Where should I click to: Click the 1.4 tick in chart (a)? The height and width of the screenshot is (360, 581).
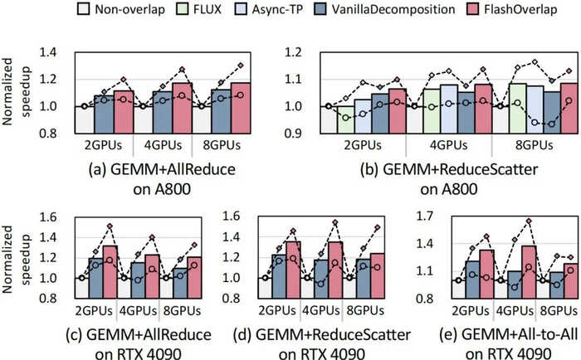point(57,52)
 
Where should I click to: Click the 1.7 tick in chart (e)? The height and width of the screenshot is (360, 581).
point(433,219)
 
